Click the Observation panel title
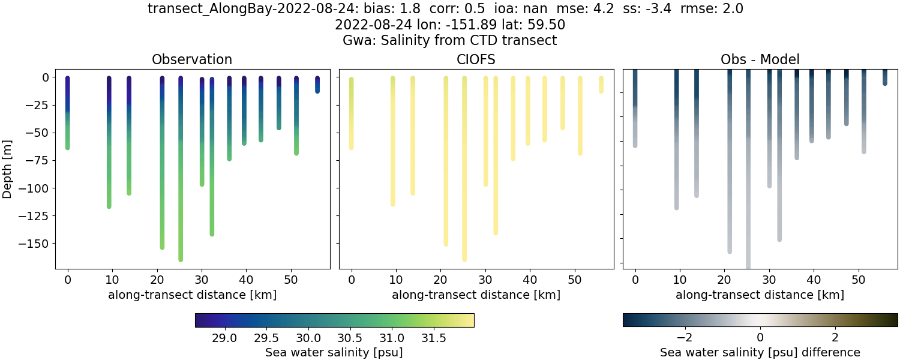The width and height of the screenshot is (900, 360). point(192,59)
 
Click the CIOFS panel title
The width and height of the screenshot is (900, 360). point(476,59)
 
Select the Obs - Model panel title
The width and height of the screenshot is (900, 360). point(760,59)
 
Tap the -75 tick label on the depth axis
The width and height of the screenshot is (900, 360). point(42,161)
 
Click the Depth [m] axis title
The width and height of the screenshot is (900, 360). point(8,169)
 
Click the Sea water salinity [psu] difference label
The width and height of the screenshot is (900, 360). point(760,352)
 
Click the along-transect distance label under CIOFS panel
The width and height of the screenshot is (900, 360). point(476,295)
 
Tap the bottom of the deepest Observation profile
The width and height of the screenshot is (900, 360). point(181,259)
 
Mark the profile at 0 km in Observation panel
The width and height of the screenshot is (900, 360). point(68,114)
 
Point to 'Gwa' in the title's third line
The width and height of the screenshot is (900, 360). point(355,41)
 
